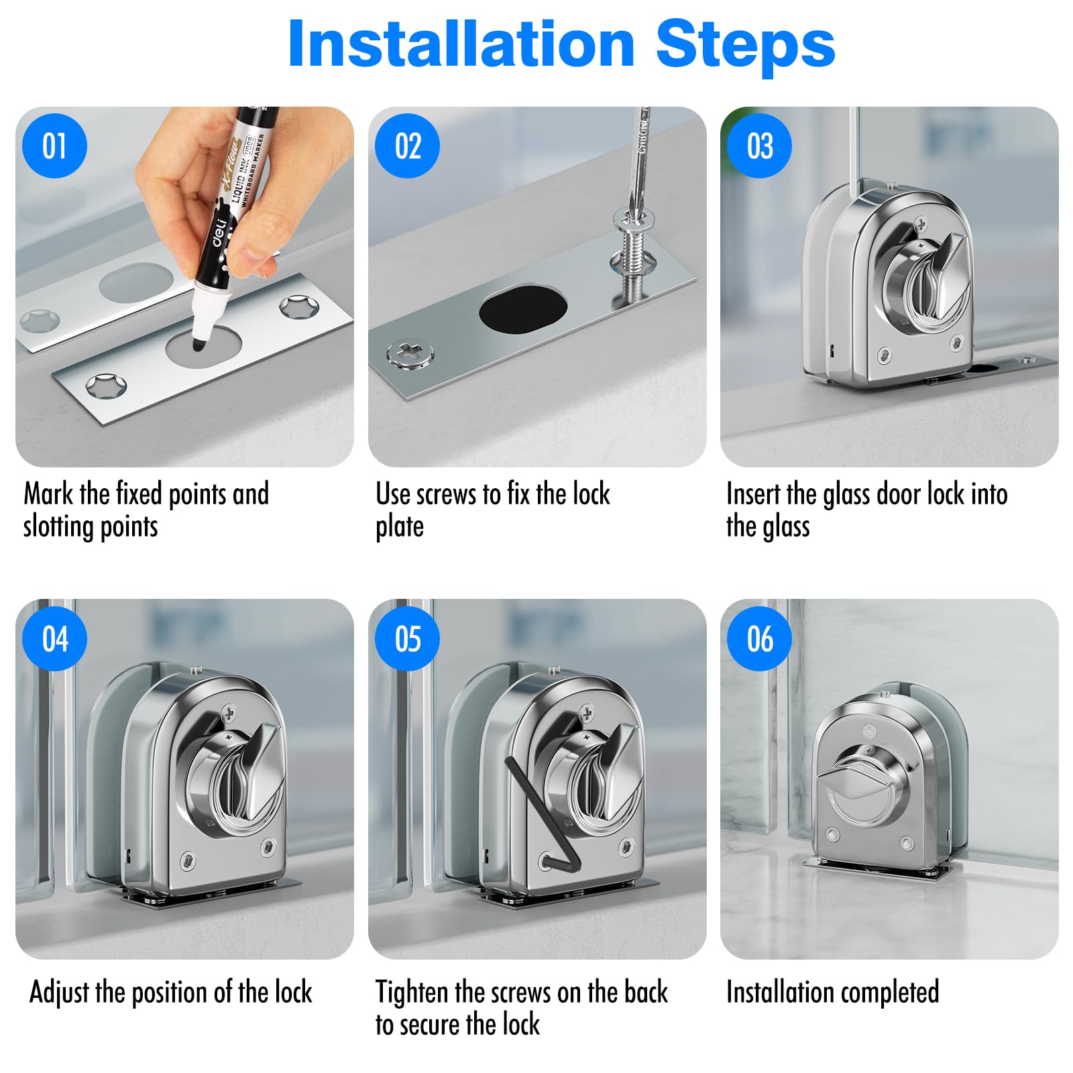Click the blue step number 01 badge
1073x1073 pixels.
coord(54,146)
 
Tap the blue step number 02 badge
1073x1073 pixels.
coord(407,146)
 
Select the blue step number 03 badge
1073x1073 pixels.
coord(760,146)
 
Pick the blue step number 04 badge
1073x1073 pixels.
coord(54,638)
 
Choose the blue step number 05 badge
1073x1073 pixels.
coord(407,638)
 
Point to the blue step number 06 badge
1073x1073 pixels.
coord(760,638)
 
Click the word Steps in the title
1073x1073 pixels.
coord(745,44)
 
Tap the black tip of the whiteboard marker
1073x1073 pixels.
coord(200,344)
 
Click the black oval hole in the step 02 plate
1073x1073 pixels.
coord(523,308)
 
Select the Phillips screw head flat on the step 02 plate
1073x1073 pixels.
coord(410,353)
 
